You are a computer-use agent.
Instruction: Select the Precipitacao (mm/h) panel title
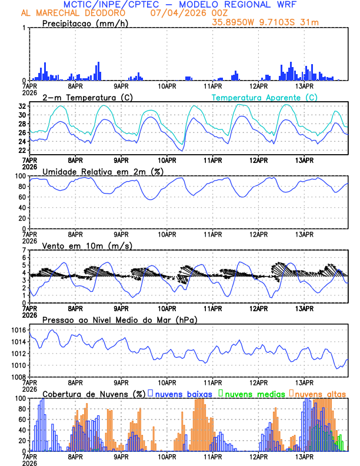coord(85,24)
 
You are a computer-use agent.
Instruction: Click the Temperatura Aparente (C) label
coord(264,97)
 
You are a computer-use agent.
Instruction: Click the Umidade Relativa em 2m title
coord(103,171)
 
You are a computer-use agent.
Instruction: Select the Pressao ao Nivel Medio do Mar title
coord(119,319)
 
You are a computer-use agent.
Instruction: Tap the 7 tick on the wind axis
coord(24,251)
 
